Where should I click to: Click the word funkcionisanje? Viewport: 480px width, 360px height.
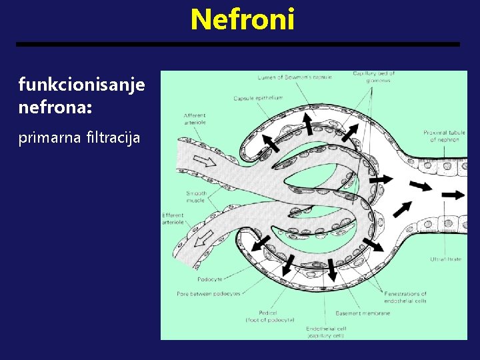[81, 85]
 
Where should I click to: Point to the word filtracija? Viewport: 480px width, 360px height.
[113, 138]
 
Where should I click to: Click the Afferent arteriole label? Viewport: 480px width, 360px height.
[195, 119]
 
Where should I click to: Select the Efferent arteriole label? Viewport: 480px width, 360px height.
[173, 219]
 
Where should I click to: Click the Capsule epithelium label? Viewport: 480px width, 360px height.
[258, 98]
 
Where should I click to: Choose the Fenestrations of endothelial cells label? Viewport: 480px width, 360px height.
[405, 297]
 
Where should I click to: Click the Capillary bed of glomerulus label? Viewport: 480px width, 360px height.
[374, 77]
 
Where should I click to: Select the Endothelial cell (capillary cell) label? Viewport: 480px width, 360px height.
[326, 331]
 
